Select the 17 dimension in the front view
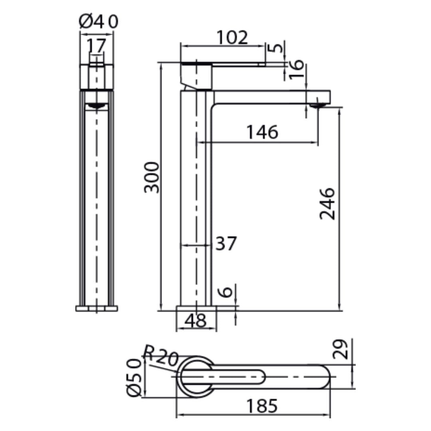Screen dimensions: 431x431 point(96,45)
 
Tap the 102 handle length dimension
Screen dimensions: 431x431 point(232,37)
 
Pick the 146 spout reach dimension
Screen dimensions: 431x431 point(262,132)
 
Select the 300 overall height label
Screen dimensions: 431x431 point(152,178)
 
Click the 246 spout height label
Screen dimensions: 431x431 point(328,204)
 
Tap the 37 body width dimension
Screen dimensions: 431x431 point(226,243)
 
